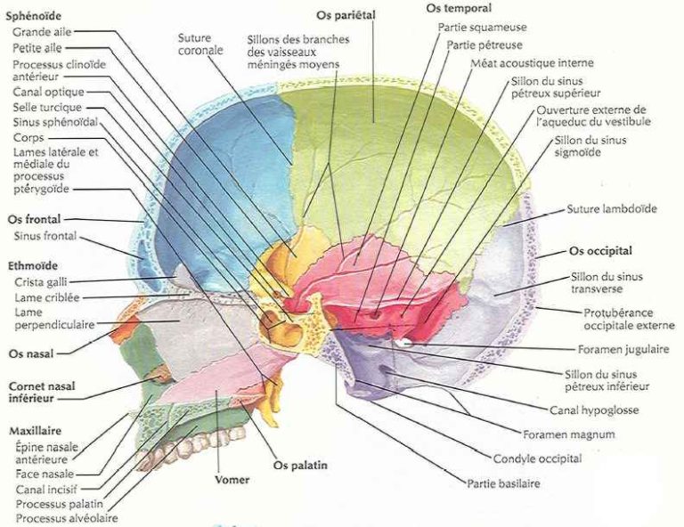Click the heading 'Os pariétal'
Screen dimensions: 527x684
tap(345, 15)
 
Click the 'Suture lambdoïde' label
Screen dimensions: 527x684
tap(612, 210)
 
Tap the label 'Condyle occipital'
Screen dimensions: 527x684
tap(537, 458)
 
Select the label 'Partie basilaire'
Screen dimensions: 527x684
tap(503, 483)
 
